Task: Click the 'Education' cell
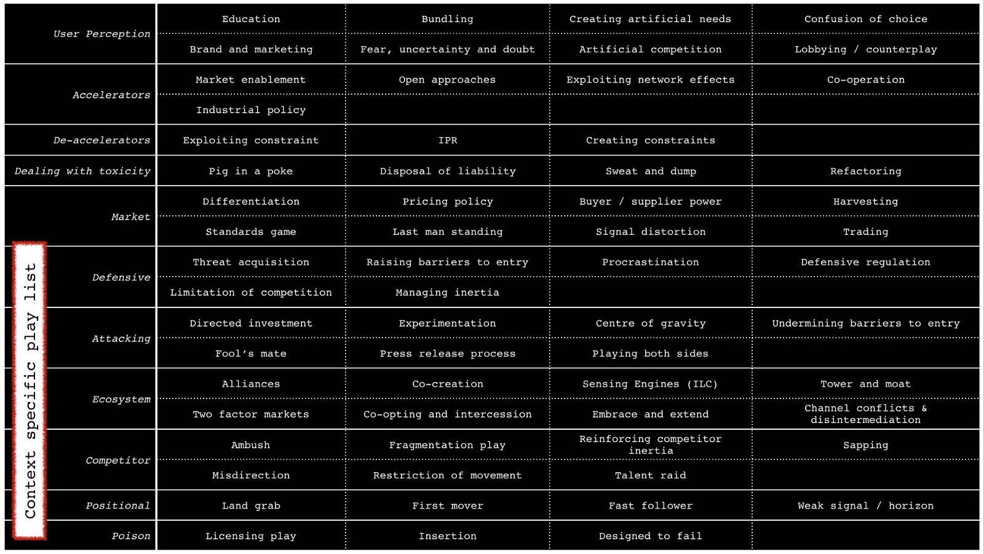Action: point(251,19)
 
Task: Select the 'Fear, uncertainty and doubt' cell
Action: point(447,49)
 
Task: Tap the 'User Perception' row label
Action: point(101,34)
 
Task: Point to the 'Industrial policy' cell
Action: point(251,110)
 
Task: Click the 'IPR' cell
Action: point(448,141)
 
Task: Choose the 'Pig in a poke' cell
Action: point(251,171)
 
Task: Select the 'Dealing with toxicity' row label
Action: point(82,171)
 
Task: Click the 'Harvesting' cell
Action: point(865,202)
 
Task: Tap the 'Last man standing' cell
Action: point(448,232)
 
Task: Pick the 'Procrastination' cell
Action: point(651,262)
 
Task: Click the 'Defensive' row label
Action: point(121,277)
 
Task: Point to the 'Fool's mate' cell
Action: point(251,354)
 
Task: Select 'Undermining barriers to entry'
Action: point(865,323)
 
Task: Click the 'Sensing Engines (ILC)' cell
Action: point(651,384)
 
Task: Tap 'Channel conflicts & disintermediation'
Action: point(865,414)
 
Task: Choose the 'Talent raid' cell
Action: point(651,475)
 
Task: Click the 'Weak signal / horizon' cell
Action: point(865,505)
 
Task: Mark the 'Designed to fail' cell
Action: point(651,536)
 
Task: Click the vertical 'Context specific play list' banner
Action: point(30,391)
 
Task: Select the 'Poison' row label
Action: point(130,536)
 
